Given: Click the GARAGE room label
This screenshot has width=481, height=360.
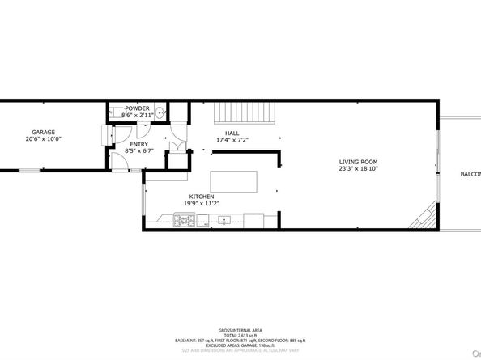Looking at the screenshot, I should [43, 132].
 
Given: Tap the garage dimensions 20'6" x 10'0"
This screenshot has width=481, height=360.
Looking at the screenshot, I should [43, 139].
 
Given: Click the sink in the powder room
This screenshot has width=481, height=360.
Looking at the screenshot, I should [160, 112].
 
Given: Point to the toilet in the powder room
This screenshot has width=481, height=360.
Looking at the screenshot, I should [117, 112].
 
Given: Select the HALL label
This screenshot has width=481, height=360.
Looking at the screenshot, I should [232, 133].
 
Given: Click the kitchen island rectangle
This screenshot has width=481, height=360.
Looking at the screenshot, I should [235, 181].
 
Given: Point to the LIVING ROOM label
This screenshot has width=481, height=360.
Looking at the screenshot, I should [358, 163].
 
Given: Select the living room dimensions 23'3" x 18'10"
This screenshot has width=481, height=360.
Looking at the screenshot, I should [358, 170].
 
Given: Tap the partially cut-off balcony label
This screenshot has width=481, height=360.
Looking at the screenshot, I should [470, 174].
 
